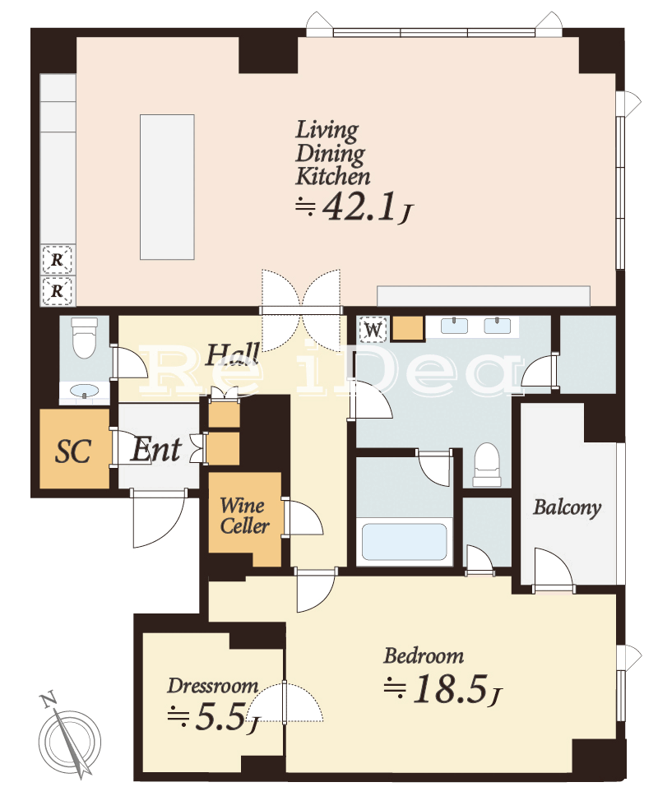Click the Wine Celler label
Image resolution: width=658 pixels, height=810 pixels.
tap(244, 516)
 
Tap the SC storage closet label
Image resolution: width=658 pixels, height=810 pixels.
tap(73, 451)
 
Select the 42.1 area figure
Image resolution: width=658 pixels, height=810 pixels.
tap(360, 207)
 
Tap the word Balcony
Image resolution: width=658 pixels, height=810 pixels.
tap(567, 507)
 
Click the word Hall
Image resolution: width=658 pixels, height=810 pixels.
tap(233, 354)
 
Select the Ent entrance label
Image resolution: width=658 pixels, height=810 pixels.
tap(156, 450)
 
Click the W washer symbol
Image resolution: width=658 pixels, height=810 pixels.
tap(373, 329)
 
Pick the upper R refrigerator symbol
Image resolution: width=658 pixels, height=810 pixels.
tap(57, 259)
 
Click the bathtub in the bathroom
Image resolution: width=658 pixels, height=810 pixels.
tap(404, 542)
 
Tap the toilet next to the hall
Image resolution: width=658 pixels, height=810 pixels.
tap(85, 337)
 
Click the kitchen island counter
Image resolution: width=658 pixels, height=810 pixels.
tap(167, 187)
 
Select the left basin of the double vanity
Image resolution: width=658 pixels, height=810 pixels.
tap(454, 326)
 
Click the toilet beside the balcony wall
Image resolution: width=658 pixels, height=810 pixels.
tap(487, 465)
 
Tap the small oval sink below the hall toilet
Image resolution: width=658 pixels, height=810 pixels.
tap(85, 391)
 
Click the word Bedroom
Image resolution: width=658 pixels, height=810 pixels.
tap(423, 655)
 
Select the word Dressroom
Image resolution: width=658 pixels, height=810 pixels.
tap(212, 686)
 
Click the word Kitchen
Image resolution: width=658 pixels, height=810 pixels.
tap(333, 176)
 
